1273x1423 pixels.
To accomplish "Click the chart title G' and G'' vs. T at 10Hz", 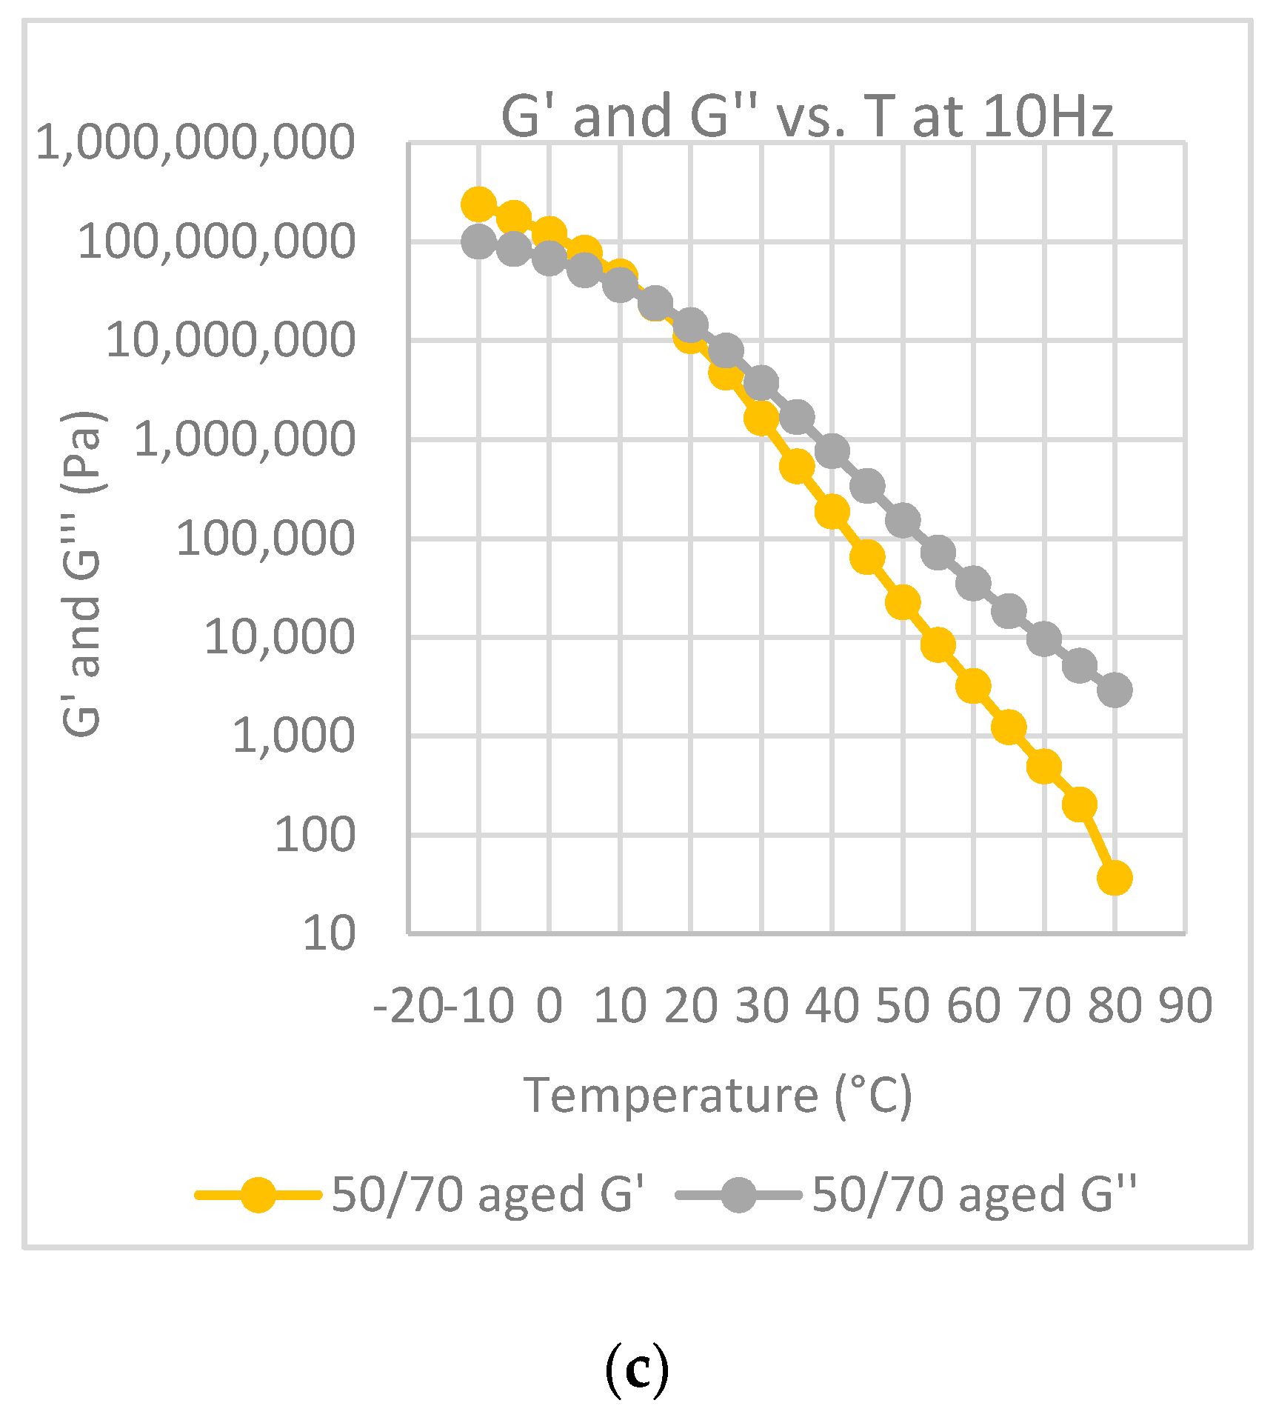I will (x=807, y=116).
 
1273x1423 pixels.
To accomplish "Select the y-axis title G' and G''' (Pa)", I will (x=83, y=574).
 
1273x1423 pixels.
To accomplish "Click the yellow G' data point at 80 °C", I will (x=1115, y=878).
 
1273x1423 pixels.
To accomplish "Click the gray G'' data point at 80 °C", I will (x=1115, y=690).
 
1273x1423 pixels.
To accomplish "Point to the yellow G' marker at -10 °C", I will (x=478, y=204).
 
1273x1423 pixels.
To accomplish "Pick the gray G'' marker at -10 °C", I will (x=478, y=241).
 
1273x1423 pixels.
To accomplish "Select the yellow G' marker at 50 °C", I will (x=903, y=602).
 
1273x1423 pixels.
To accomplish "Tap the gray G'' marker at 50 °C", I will (x=903, y=521).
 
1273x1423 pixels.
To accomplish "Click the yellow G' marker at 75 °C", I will (x=1079, y=804).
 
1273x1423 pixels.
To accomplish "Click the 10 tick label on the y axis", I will (x=329, y=933).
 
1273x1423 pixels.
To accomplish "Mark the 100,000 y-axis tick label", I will (x=265, y=538).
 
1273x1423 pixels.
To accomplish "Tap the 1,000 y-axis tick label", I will (x=293, y=736).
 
